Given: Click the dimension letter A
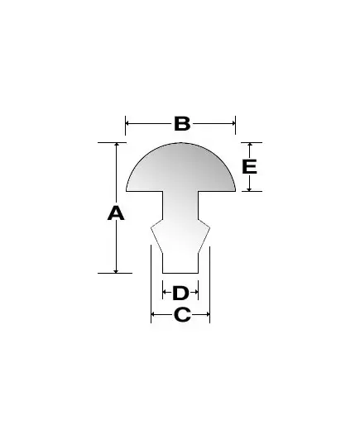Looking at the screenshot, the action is click(116, 213).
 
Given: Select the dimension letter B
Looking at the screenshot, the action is click(182, 124).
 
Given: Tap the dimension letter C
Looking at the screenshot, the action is click(182, 314).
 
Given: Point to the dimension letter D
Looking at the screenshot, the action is click(180, 293).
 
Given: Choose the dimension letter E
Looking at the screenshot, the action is click(249, 166).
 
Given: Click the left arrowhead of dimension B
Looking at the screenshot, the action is click(127, 123).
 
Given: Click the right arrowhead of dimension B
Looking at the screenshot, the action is click(233, 123).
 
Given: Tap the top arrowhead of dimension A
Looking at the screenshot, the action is click(116, 145).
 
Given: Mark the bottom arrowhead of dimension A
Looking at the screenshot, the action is click(116, 271).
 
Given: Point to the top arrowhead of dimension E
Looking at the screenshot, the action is click(249, 145).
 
